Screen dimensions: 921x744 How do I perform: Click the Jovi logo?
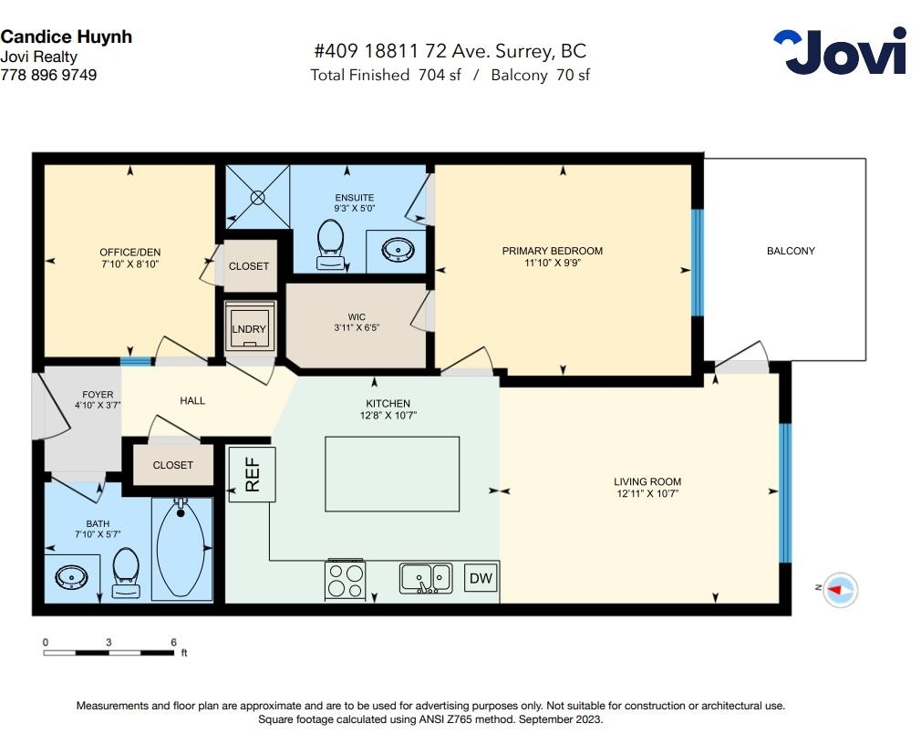tap(840, 51)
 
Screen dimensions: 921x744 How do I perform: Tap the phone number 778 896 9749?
tap(48, 75)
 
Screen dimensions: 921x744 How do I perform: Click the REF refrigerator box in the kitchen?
tap(252, 474)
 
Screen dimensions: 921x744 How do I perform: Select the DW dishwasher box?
tap(481, 578)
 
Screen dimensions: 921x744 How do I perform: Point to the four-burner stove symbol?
tap(346, 580)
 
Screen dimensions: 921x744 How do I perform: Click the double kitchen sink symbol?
tap(427, 578)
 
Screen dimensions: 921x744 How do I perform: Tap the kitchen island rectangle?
tap(392, 474)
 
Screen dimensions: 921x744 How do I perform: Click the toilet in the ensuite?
tap(331, 245)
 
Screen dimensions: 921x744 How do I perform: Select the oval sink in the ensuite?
tap(398, 250)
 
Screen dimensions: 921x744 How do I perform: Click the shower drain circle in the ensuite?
tap(258, 197)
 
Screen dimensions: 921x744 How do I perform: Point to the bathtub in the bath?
tap(181, 548)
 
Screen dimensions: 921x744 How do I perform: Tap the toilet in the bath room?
tap(126, 573)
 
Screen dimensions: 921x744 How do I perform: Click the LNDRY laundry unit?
tap(250, 329)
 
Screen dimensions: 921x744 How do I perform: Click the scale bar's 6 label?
tap(173, 643)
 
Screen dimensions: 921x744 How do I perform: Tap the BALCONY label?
tap(791, 251)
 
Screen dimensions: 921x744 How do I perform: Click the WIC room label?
tap(357, 317)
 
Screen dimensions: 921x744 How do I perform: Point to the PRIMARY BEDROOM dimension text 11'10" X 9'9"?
tap(552, 263)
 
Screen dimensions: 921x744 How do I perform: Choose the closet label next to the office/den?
tap(248, 266)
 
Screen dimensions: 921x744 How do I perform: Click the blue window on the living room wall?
tap(785, 492)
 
